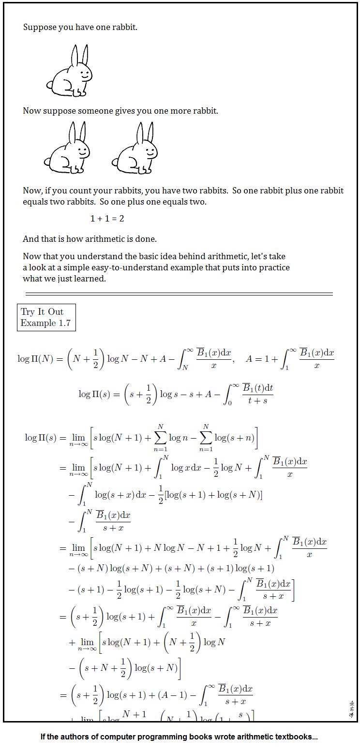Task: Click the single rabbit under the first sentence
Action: coord(70,73)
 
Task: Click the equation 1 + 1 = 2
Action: coord(107,219)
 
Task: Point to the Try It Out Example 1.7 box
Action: coord(46,317)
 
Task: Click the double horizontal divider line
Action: coord(179,294)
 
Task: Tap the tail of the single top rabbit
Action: coord(49,86)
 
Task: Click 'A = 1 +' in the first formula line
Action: coord(261,359)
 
